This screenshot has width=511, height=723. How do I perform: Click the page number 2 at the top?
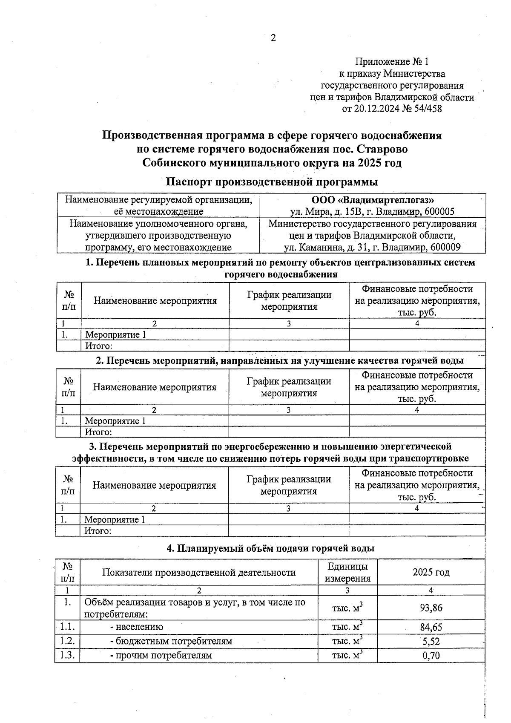(273, 38)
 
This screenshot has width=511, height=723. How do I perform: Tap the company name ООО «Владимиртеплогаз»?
(373, 200)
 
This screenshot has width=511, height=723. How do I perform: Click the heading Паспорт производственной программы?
(272, 182)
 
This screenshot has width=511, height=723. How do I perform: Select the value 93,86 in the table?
(431, 608)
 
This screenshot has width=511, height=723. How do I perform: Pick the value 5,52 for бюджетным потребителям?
(431, 641)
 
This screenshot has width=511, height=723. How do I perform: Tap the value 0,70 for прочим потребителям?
(431, 655)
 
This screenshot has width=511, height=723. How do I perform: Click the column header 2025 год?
(431, 572)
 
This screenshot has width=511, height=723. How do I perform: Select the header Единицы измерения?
(347, 572)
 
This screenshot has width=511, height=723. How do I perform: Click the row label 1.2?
(67, 641)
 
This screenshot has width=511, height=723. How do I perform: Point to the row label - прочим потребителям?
(161, 655)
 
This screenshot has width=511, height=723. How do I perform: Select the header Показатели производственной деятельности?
(199, 572)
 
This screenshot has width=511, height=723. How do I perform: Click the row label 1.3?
(67, 655)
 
